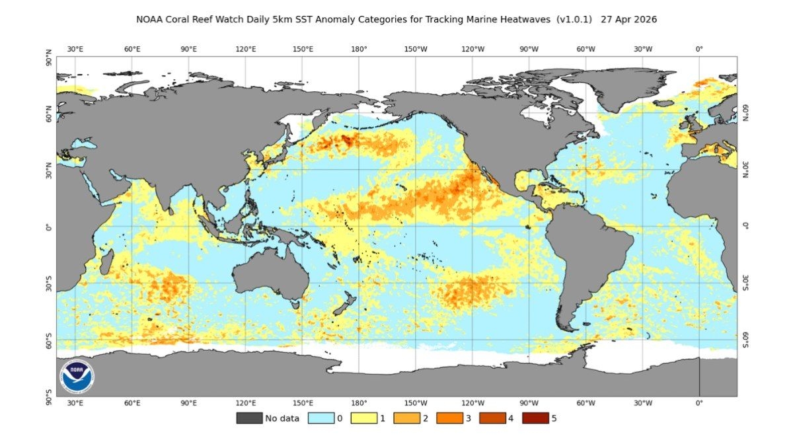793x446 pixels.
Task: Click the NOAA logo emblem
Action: click(77, 376)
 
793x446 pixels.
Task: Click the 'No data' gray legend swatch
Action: click(248, 418)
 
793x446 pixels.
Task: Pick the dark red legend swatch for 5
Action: click(535, 418)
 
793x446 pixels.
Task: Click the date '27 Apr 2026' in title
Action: click(628, 20)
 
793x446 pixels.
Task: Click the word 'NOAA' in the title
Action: click(150, 20)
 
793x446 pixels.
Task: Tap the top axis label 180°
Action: click(359, 49)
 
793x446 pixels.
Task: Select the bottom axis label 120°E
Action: click(246, 402)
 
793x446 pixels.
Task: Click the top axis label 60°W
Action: click(586, 49)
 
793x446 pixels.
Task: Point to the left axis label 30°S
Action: click(49, 284)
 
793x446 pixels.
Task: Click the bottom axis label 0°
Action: click(699, 402)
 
